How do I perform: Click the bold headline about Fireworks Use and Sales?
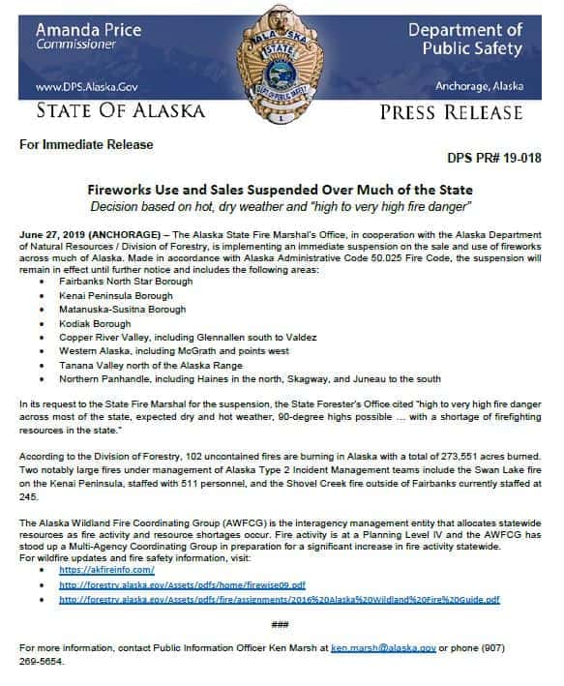tap(281, 191)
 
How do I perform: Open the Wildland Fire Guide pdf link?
tap(279, 599)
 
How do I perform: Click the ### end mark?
tap(281, 624)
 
